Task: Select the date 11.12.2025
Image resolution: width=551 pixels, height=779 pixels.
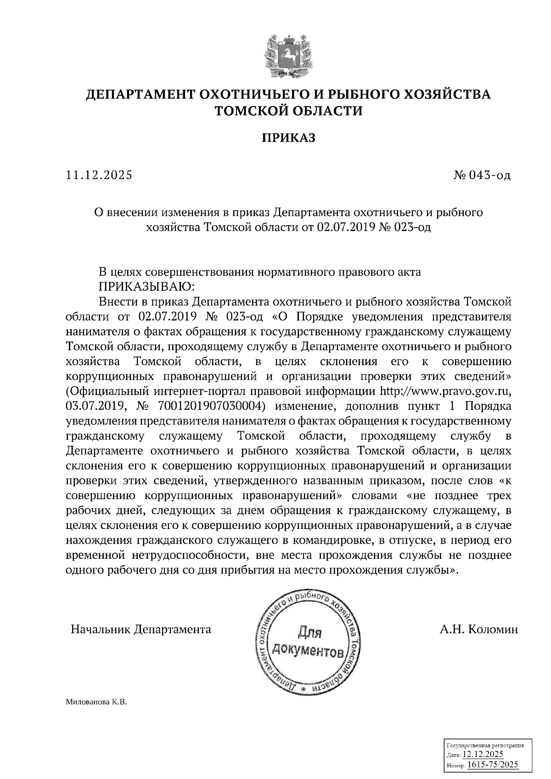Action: point(99,175)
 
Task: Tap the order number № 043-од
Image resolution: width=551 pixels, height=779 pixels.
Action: point(481,175)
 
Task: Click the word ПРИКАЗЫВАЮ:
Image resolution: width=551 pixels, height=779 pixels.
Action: point(147,287)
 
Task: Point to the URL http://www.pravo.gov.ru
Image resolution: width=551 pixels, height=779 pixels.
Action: point(447,391)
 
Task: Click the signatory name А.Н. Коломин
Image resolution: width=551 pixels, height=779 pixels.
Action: point(478,629)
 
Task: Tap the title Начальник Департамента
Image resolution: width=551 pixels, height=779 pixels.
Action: point(141,629)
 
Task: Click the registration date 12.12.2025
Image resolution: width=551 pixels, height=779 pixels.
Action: point(483,754)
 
